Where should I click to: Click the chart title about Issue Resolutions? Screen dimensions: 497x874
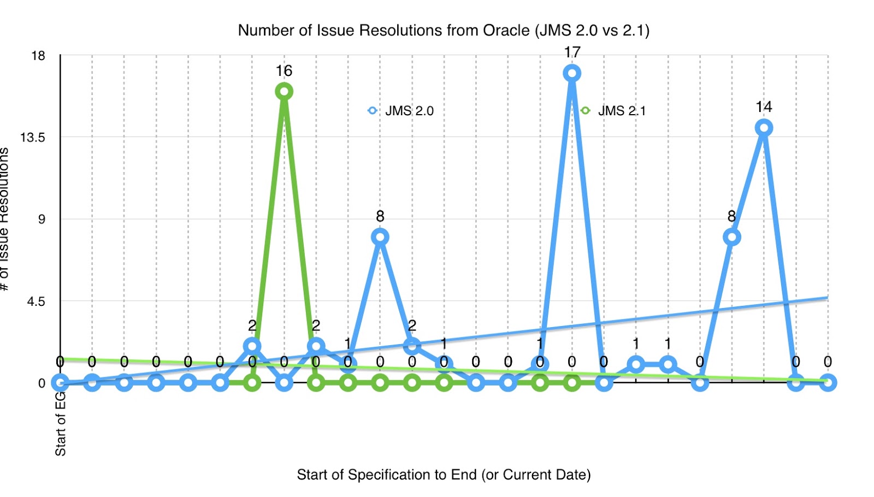(x=444, y=30)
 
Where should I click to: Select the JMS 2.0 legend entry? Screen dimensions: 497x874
(x=401, y=111)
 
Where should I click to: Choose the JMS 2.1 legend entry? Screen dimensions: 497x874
(x=615, y=111)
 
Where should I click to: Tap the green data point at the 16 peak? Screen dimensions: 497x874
(x=284, y=91)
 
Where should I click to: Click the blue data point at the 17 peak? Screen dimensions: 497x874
(x=572, y=73)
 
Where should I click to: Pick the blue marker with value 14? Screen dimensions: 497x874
(x=764, y=128)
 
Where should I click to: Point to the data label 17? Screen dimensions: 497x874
(x=572, y=52)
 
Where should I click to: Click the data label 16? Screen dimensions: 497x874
(x=284, y=71)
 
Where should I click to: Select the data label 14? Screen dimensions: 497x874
(x=764, y=107)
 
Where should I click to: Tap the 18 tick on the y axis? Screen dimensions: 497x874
(x=38, y=56)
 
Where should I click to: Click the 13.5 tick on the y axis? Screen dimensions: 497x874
(x=33, y=138)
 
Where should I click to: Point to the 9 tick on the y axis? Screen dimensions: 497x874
(x=41, y=220)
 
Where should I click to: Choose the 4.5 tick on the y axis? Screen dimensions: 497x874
(x=36, y=301)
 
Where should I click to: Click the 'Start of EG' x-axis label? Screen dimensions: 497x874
(x=60, y=423)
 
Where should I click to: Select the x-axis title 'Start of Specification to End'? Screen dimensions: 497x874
(x=444, y=475)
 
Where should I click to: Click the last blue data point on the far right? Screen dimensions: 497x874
(x=828, y=383)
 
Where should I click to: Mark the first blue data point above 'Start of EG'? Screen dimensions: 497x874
(x=60, y=383)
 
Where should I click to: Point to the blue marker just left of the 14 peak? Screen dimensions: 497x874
(x=731, y=237)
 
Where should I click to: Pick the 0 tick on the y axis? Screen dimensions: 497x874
(x=42, y=383)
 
